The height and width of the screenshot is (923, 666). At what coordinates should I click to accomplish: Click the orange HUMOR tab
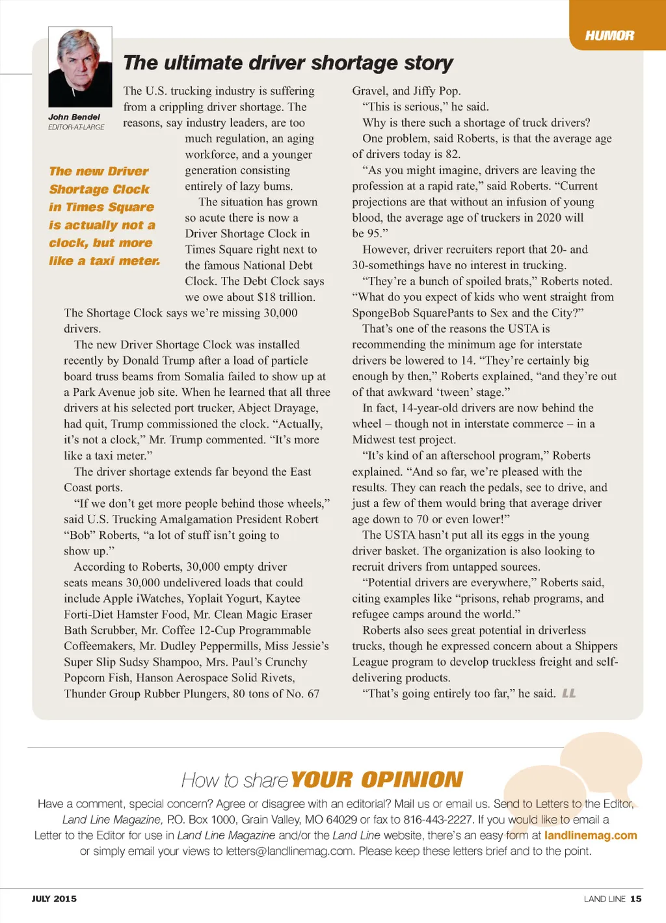609,35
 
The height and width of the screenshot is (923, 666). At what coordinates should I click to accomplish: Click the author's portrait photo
80,67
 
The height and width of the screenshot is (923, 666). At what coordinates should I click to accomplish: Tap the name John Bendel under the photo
74,117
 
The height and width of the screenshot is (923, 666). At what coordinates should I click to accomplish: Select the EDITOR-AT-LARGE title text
76,127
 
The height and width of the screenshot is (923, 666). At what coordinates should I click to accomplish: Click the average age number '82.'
453,154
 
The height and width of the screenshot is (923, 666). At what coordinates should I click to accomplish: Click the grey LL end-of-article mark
568,694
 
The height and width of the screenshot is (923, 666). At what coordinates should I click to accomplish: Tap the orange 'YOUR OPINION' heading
377,779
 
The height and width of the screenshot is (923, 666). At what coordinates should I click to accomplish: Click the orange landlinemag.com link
591,835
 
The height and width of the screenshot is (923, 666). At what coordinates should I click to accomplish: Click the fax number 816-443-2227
438,820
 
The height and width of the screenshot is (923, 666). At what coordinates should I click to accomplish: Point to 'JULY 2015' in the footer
54,899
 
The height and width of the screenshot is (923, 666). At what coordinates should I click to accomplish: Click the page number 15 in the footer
636,899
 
